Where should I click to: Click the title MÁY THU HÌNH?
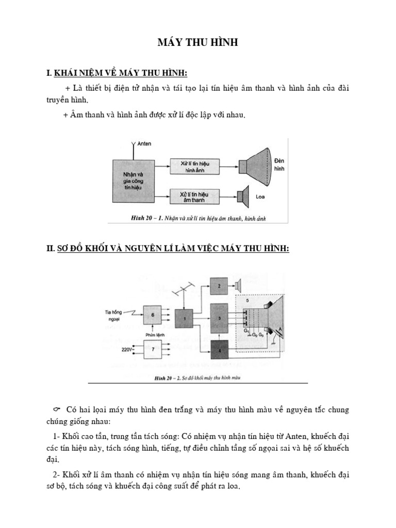click(198, 43)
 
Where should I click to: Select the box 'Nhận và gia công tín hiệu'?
click(134, 181)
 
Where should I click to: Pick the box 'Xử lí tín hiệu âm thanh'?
click(195, 196)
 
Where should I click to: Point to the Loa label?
click(260, 196)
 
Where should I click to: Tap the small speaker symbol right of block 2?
click(239, 286)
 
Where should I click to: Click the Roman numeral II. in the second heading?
click(50, 249)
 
